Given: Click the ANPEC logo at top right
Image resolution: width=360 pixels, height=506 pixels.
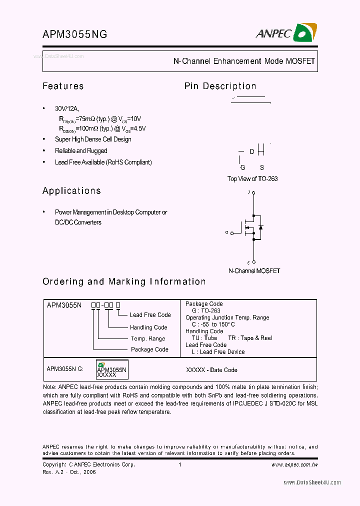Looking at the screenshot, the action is (285, 33).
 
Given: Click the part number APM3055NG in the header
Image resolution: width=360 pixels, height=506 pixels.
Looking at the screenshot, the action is (75, 34).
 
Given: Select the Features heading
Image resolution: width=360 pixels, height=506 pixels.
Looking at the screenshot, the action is (63, 86).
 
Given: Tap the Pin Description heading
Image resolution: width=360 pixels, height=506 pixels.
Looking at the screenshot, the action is (220, 86).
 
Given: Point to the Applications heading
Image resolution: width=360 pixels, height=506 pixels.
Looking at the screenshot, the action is (71, 190).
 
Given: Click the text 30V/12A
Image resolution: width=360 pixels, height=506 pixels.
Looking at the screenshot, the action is (66, 108).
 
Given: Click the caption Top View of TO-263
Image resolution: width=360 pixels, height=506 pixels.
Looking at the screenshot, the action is (252, 178).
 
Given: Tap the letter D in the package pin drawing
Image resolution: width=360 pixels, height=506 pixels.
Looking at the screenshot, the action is (252, 151).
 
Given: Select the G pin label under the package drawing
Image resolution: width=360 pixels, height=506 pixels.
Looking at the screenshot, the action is (242, 168).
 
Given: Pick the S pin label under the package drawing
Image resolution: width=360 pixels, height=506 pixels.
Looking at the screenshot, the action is (261, 168).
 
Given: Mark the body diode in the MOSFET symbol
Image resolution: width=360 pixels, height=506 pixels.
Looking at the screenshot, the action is (260, 227).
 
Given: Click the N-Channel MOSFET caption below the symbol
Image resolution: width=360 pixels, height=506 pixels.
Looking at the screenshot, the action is (254, 270).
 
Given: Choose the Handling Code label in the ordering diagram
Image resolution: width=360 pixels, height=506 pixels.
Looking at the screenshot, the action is (148, 327).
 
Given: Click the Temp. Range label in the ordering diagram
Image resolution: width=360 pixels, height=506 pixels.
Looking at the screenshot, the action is (148, 338).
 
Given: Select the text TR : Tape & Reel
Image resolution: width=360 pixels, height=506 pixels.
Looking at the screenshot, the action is (250, 338).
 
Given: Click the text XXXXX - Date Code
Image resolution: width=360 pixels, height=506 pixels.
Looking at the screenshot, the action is (211, 370).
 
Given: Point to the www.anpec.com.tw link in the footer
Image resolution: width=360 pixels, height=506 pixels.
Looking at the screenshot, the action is (294, 464).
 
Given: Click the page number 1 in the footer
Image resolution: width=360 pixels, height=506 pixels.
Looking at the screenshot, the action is (179, 464).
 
